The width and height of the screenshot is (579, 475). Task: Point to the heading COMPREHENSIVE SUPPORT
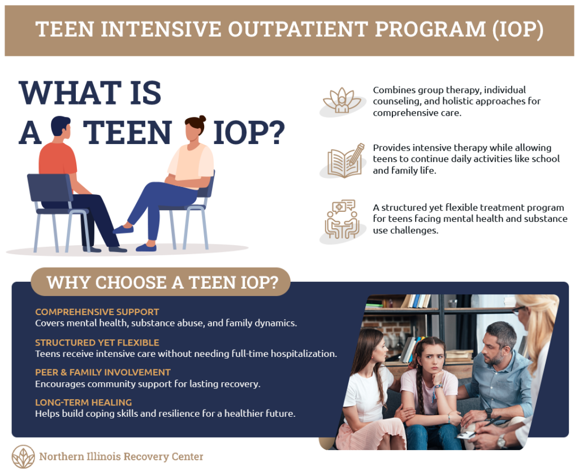pyautogui.click(x=97, y=312)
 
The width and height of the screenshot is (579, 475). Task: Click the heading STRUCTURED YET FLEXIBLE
pyautogui.click(x=97, y=342)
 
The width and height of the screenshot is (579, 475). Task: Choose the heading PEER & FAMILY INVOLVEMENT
pyautogui.click(x=103, y=372)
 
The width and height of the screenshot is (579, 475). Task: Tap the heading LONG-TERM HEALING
pyautogui.click(x=83, y=402)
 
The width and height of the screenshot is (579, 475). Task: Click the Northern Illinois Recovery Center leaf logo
pyautogui.click(x=23, y=456)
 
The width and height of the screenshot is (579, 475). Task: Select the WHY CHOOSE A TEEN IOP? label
pyautogui.click(x=161, y=282)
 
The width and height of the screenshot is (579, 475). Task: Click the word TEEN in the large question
pyautogui.click(x=128, y=133)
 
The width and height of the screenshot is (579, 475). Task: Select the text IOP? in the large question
pyautogui.click(x=249, y=133)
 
